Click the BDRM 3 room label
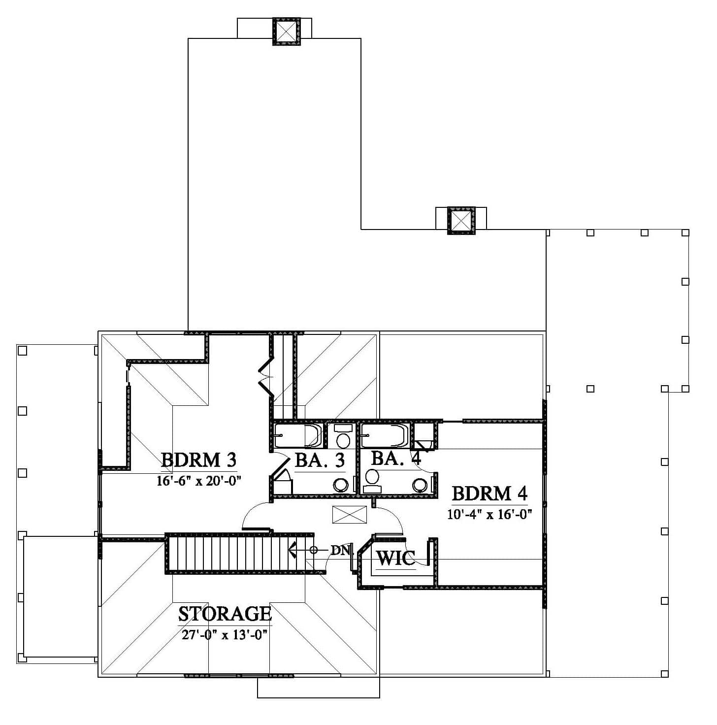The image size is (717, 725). click(x=198, y=460)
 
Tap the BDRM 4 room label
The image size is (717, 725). click(x=489, y=493)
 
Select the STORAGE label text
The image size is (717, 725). click(x=225, y=614)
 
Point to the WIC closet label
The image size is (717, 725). click(x=396, y=558)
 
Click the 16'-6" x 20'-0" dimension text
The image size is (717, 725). click(x=198, y=481)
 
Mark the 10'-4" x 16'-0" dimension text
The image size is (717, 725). click(x=489, y=514)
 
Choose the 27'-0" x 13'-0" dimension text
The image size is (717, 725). click(x=225, y=635)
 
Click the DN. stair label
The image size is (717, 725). click(x=342, y=551)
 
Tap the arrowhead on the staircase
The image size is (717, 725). click(x=293, y=550)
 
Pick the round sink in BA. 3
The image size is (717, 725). click(x=341, y=485)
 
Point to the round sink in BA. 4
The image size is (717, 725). click(x=420, y=485)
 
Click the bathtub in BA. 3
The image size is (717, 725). click(x=297, y=435)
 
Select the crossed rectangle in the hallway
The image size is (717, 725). click(x=349, y=515)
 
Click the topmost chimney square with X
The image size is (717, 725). click(x=286, y=31)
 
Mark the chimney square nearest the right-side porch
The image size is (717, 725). click(x=461, y=220)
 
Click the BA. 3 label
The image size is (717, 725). click(x=320, y=460)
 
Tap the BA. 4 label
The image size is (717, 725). click(x=396, y=458)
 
